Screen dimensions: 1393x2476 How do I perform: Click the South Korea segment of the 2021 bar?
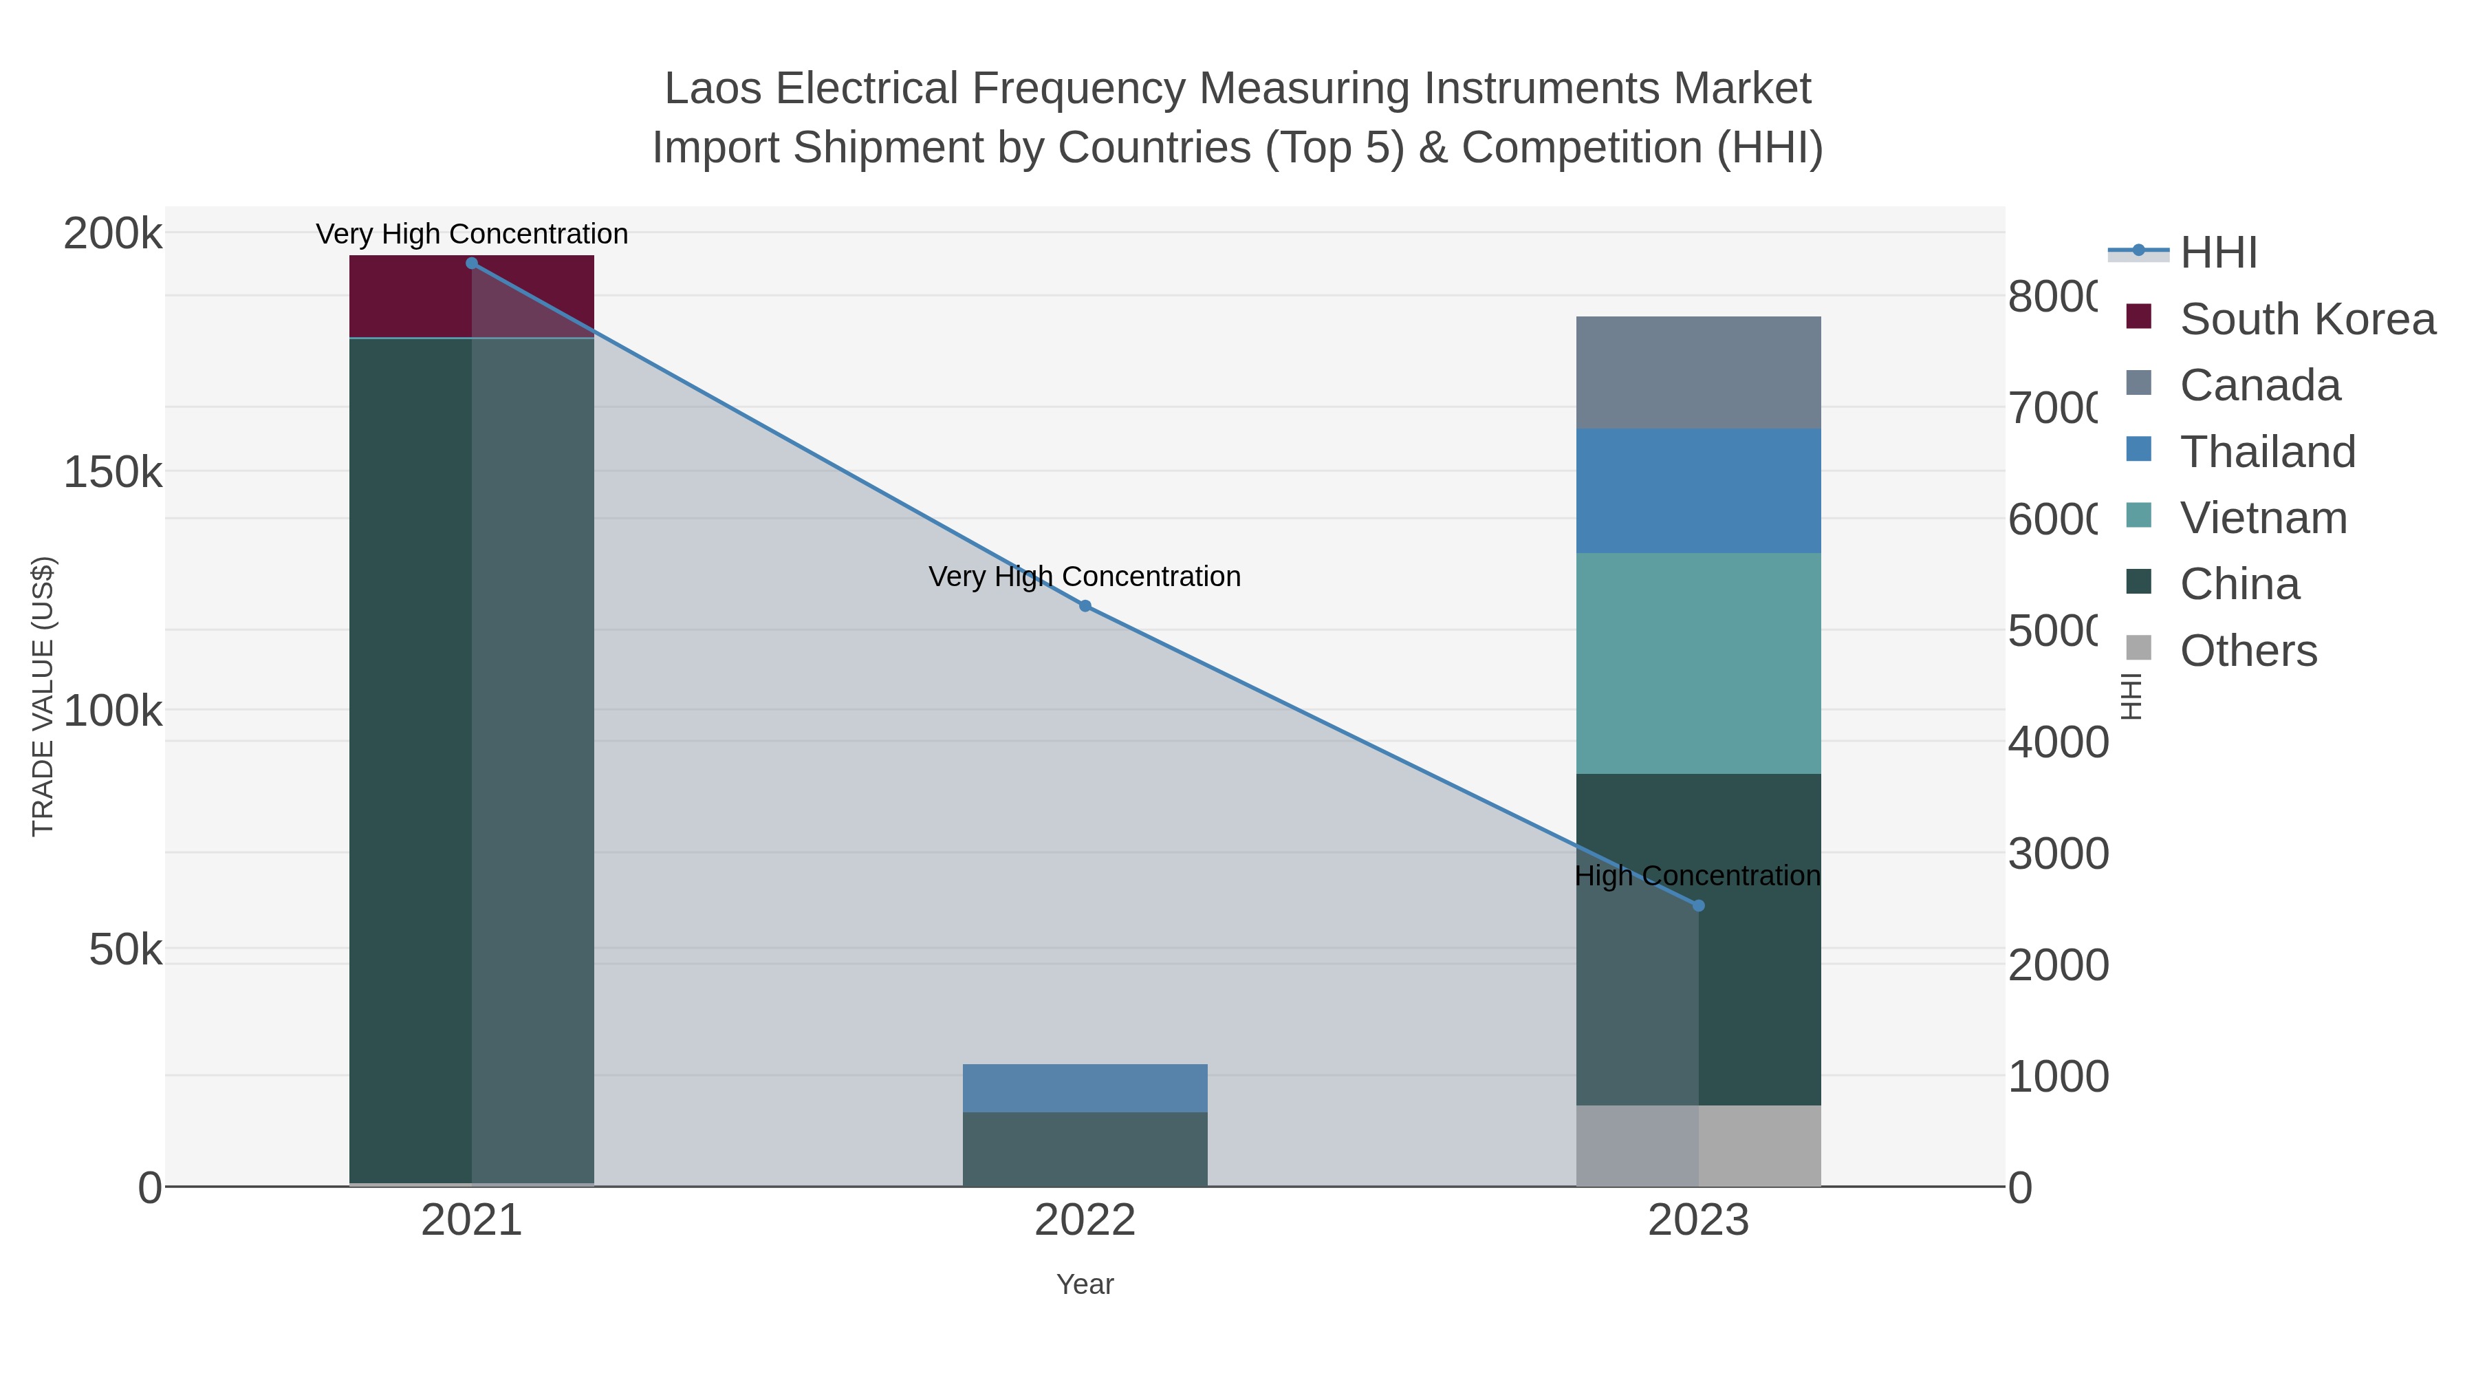pyautogui.click(x=409, y=296)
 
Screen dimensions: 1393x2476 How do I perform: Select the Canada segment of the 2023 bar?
pyautogui.click(x=1697, y=372)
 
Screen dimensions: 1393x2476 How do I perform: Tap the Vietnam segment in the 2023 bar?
pyautogui.click(x=1697, y=663)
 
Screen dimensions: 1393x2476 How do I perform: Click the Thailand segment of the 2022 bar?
pyautogui.click(x=1084, y=1088)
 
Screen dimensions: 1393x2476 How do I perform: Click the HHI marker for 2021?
pyautogui.click(x=471, y=263)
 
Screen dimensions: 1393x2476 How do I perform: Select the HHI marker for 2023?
pyautogui.click(x=1697, y=905)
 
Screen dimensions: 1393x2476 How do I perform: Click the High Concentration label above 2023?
pyautogui.click(x=1697, y=876)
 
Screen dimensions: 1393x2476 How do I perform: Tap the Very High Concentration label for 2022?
pyautogui.click(x=1084, y=577)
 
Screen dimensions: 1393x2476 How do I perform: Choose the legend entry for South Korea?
pyautogui.click(x=2307, y=319)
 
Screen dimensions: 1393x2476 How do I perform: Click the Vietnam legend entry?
pyautogui.click(x=2263, y=518)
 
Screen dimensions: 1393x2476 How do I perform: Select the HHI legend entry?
pyautogui.click(x=2217, y=253)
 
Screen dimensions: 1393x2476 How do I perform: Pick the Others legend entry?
pyautogui.click(x=2247, y=651)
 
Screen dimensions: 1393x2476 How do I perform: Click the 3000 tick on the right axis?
pyautogui.click(x=2057, y=854)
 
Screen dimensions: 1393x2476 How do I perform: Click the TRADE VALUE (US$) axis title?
pyautogui.click(x=43, y=696)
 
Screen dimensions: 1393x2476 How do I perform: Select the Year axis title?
pyautogui.click(x=1084, y=1284)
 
